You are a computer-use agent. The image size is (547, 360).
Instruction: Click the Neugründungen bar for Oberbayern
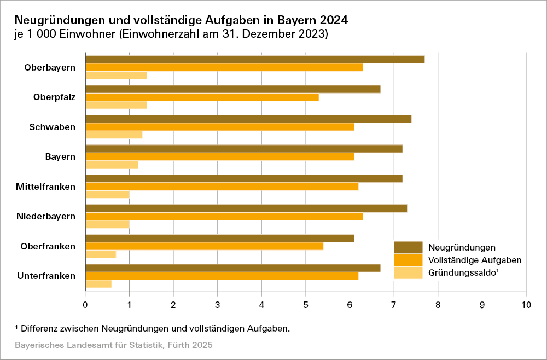click(255, 59)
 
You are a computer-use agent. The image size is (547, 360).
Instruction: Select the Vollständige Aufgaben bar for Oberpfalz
click(202, 97)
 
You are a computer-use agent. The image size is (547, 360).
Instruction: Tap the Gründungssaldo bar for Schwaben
click(114, 135)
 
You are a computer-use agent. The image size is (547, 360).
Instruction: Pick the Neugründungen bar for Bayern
click(244, 149)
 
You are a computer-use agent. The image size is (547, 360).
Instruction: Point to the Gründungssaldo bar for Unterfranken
click(98, 283)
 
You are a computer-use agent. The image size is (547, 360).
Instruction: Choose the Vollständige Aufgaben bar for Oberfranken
click(204, 246)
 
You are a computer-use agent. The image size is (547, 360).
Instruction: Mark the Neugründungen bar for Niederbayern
click(246, 208)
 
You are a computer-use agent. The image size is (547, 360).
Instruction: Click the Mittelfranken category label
click(46, 187)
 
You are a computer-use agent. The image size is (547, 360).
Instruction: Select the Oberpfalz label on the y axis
click(54, 97)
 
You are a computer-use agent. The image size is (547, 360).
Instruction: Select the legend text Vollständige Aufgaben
click(475, 260)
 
